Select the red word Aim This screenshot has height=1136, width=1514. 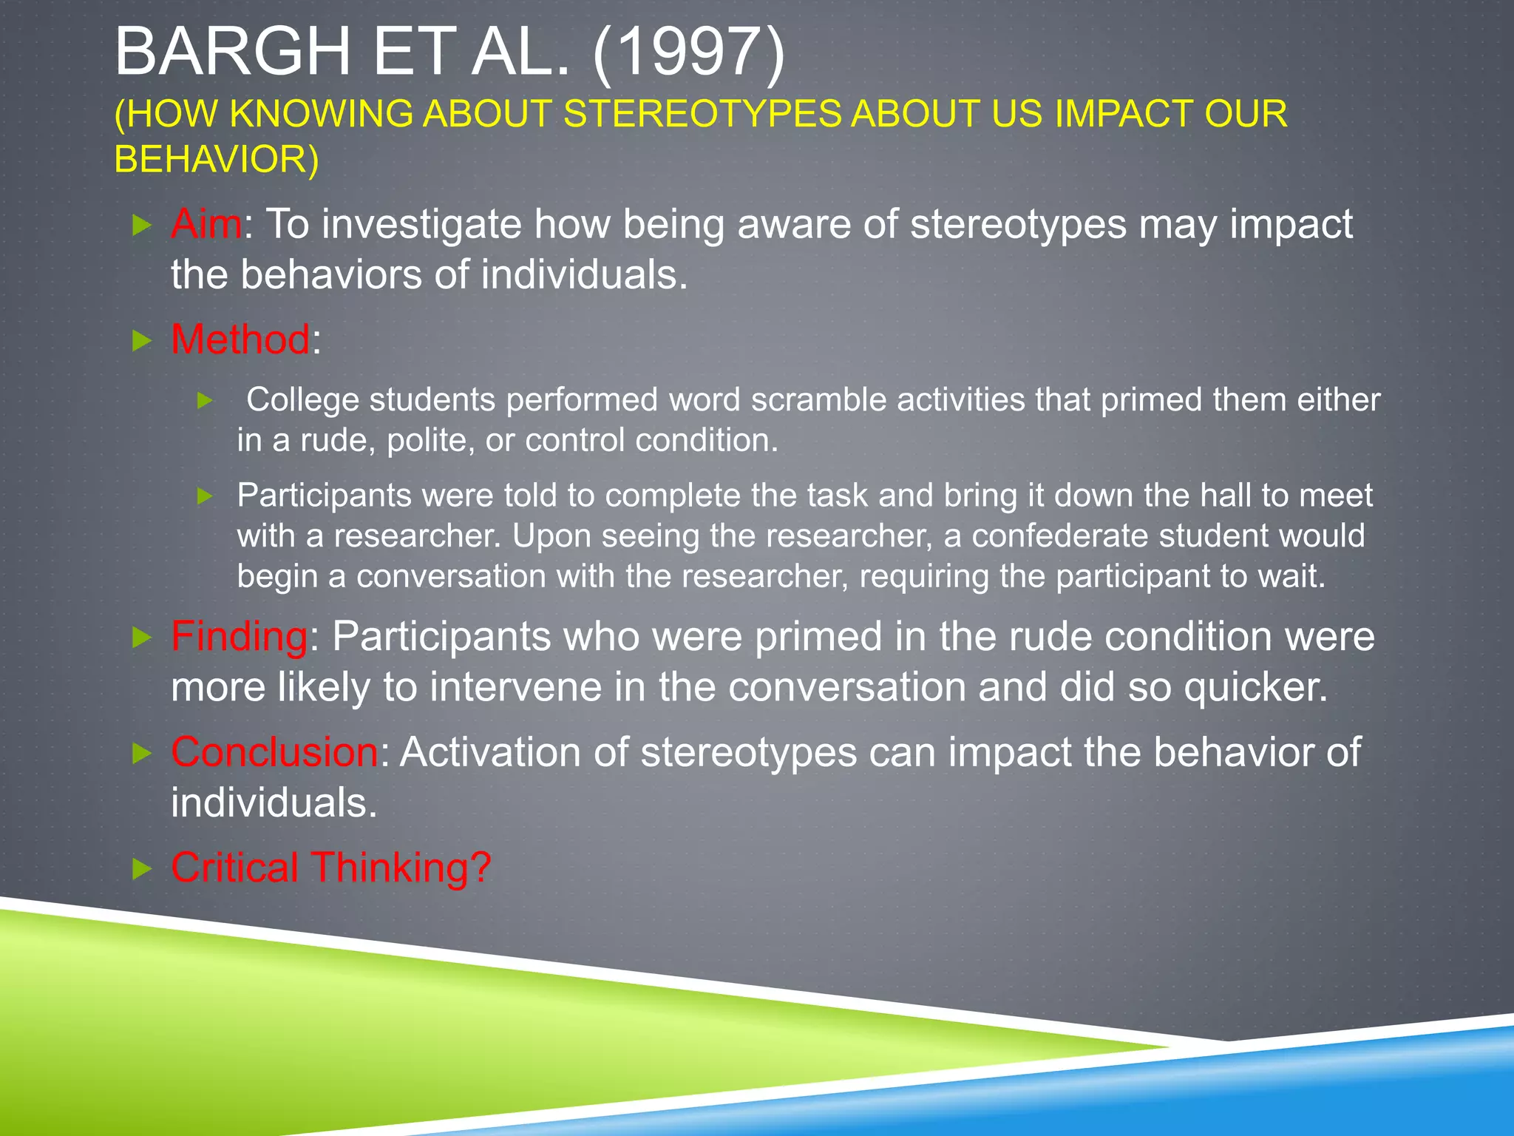206,224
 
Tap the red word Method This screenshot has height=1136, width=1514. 240,339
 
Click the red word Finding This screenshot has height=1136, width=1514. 239,636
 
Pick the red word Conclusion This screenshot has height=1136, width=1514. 274,752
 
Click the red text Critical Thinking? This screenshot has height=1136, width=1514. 330,868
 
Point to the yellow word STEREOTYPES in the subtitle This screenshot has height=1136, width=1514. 702,114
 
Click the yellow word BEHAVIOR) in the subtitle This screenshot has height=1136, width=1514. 217,160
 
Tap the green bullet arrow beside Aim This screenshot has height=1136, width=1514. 141,225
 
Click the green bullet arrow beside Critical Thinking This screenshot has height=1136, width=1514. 141,869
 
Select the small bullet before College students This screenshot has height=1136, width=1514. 206,401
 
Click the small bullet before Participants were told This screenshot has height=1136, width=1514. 206,496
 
